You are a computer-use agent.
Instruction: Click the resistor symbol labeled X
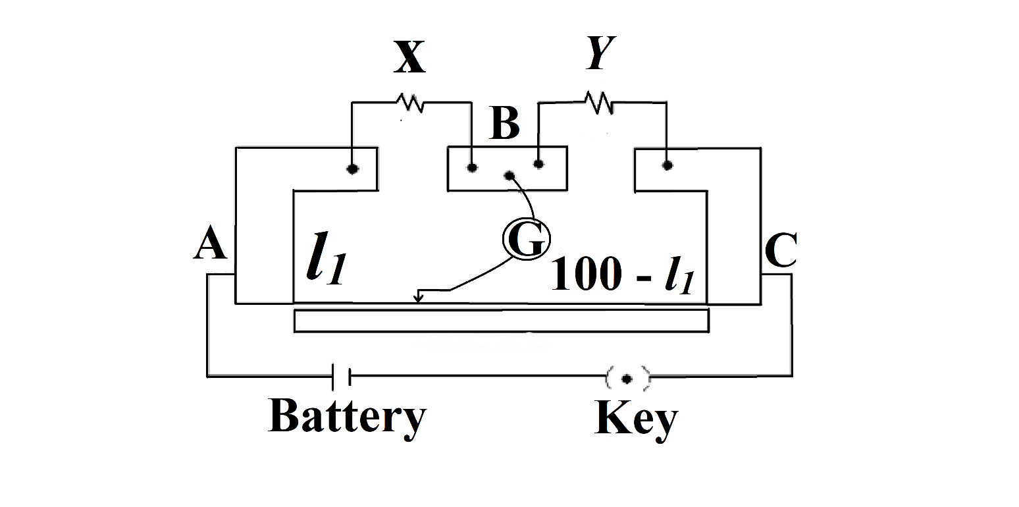409,103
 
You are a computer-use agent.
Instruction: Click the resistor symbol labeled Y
599,102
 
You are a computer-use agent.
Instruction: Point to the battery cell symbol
342,376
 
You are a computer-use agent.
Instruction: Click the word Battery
347,417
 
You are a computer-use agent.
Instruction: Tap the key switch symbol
627,378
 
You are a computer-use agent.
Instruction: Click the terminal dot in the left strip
353,169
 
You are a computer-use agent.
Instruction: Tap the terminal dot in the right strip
667,165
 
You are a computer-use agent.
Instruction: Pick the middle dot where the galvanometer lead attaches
509,176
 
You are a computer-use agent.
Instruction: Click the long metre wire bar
501,320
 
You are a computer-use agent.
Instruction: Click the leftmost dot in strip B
471,167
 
